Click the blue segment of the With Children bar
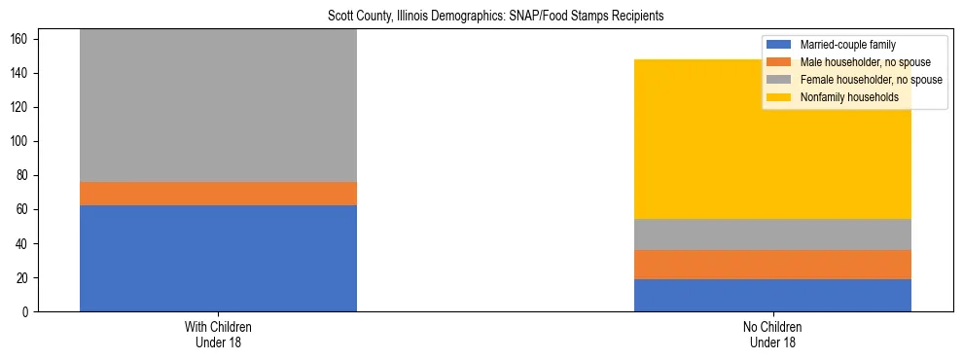(x=218, y=258)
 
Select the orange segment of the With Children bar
(x=218, y=194)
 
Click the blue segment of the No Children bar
(x=772, y=295)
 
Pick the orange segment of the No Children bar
(x=772, y=265)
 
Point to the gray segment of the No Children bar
(x=772, y=234)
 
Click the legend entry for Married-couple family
(x=847, y=45)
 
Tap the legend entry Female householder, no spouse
(x=871, y=80)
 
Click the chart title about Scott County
(x=481, y=17)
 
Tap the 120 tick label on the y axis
(x=22, y=108)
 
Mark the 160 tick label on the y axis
(x=22, y=40)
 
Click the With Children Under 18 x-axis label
(x=218, y=335)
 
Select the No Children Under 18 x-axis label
(x=772, y=335)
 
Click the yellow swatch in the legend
(x=780, y=97)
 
